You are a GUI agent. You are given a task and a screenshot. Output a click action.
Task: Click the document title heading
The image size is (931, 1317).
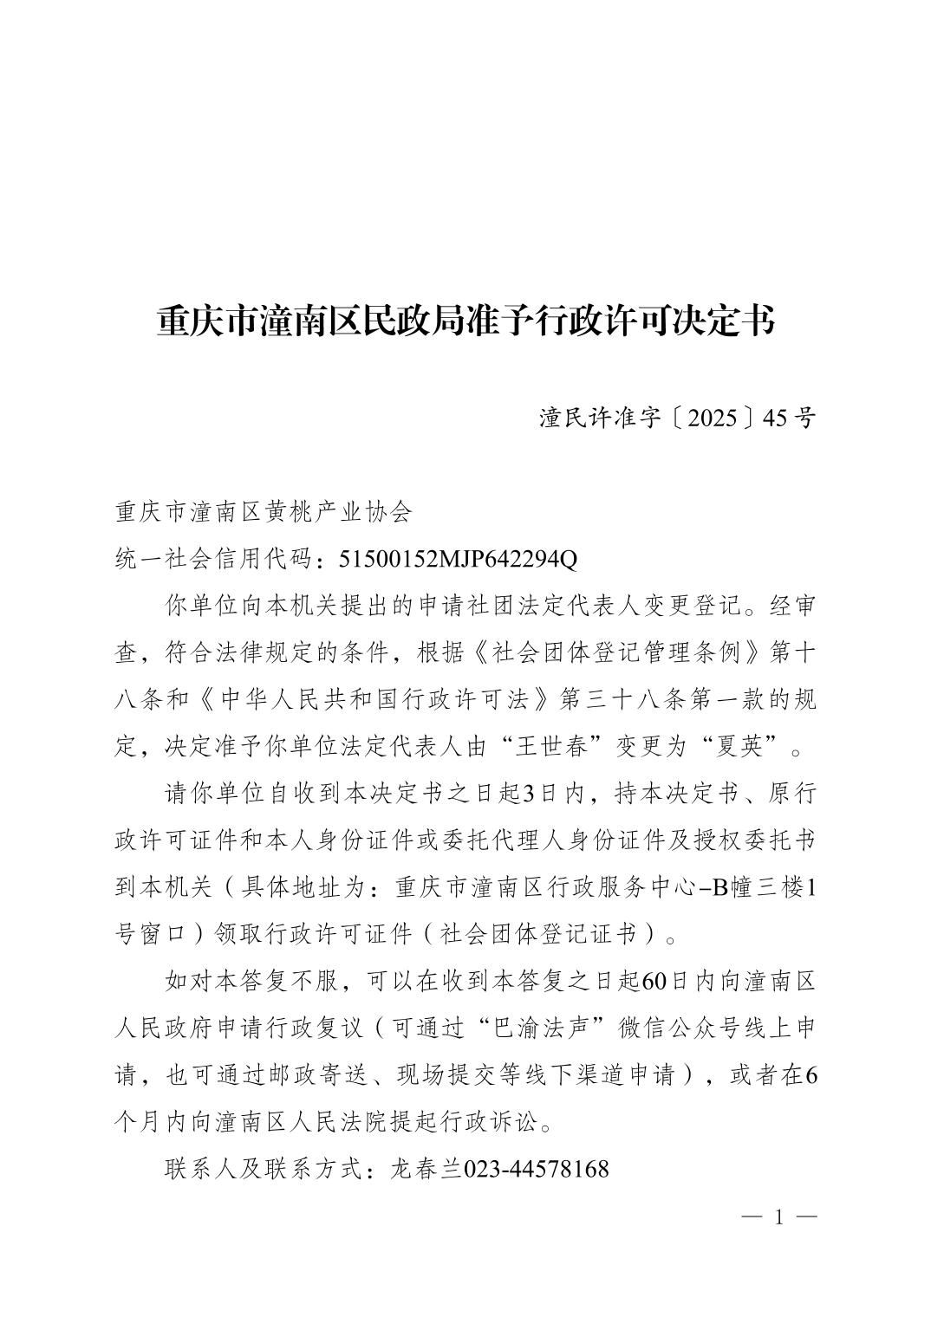click(x=465, y=321)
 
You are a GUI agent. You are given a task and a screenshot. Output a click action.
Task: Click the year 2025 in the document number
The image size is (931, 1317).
click(x=714, y=418)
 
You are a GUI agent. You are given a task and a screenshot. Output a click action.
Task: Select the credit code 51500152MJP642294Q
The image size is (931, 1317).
click(x=458, y=559)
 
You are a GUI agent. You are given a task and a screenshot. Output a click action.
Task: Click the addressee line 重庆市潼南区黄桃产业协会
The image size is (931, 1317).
click(x=264, y=511)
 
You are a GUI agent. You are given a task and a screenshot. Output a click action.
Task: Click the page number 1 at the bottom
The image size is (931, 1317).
click(x=778, y=1217)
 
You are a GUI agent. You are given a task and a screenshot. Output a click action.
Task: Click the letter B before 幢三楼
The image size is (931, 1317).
click(x=718, y=887)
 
